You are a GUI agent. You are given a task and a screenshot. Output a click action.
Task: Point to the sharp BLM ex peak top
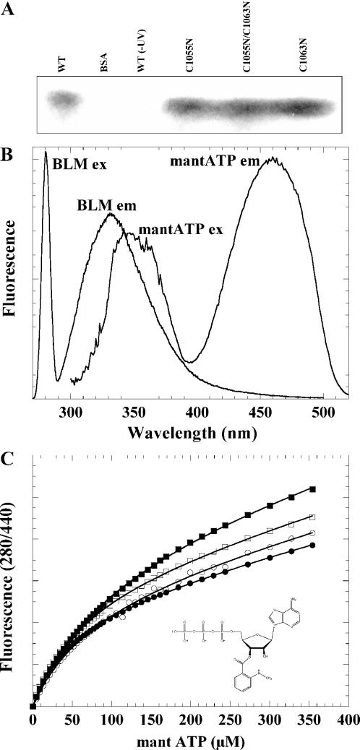(x=46, y=152)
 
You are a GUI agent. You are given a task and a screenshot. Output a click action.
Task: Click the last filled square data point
(x=313, y=489)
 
